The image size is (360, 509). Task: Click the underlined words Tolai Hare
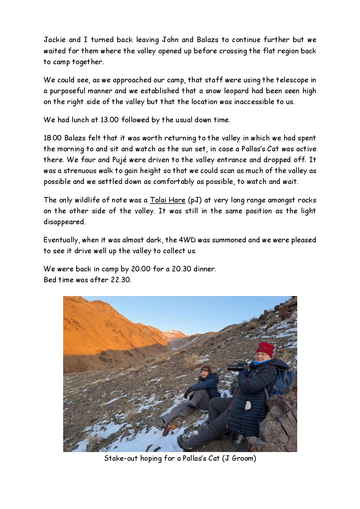click(168, 200)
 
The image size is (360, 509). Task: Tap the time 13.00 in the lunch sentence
click(109, 120)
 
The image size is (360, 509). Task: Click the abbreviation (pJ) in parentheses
click(195, 200)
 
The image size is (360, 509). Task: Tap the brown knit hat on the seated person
click(206, 369)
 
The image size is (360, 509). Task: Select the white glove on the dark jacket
click(248, 406)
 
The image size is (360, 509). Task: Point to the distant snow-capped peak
click(171, 332)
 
